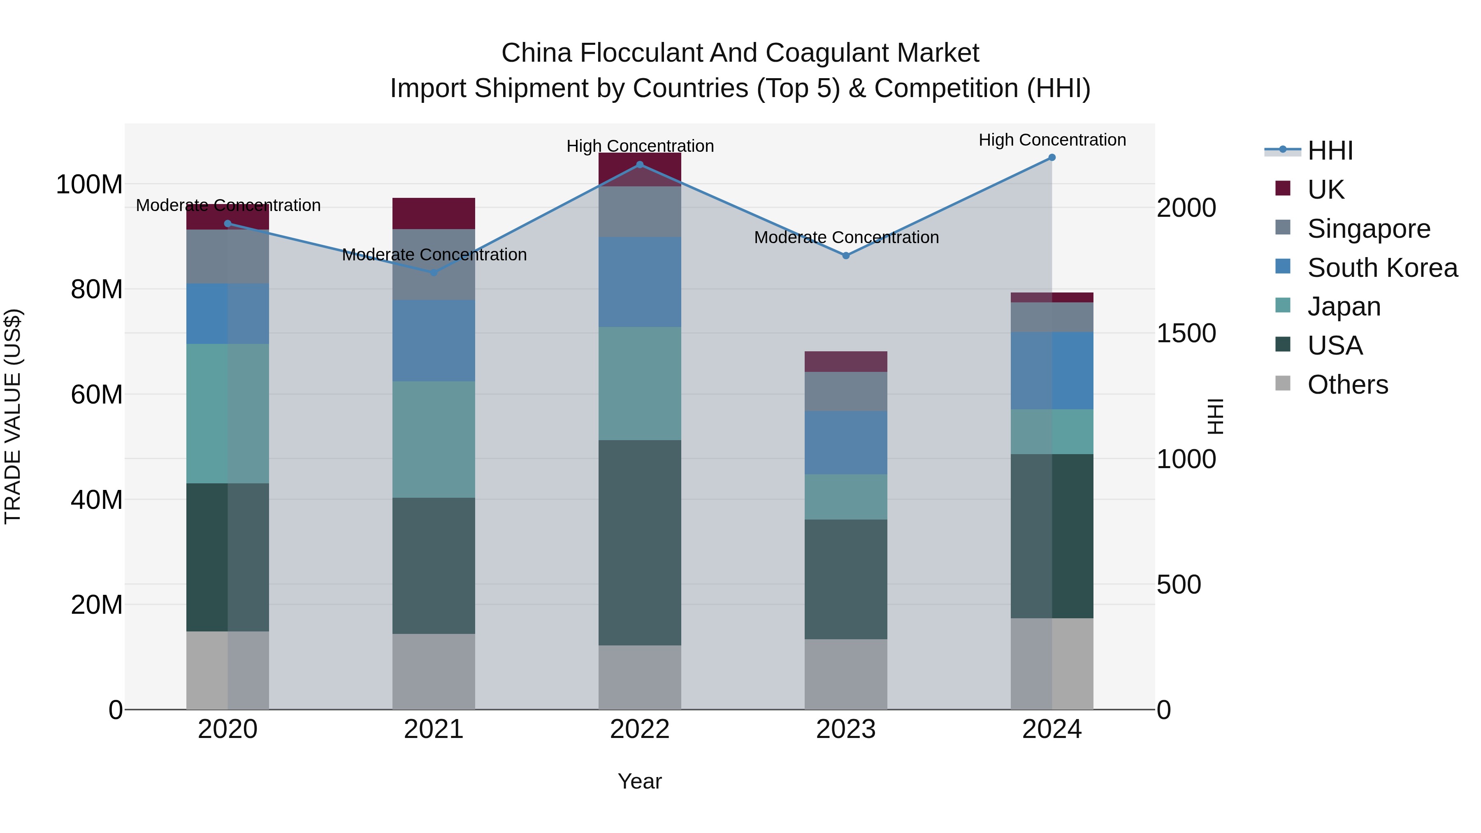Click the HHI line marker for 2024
pos(1052,158)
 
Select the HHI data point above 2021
pos(434,272)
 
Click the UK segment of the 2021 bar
pos(434,213)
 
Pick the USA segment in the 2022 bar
pos(639,542)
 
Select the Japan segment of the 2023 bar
pos(845,497)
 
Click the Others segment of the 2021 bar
pos(434,671)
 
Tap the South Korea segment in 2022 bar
pos(639,282)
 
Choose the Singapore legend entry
pos(1368,228)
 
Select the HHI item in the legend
pos(1329,151)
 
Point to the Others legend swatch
pos(1283,383)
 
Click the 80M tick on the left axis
pos(97,289)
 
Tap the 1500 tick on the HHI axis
pos(1186,334)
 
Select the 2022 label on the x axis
pos(639,729)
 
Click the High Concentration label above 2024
pos(1052,140)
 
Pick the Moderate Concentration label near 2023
pos(846,237)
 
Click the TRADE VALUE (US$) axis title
pos(13,416)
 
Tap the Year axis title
pos(639,781)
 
